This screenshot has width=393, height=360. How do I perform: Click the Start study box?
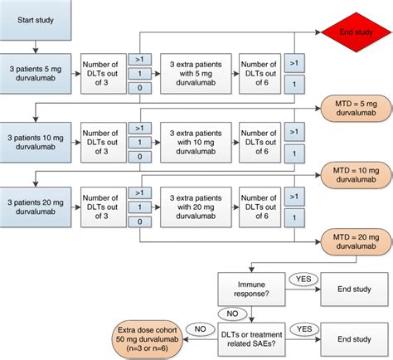36,20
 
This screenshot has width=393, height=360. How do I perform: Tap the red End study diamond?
357,32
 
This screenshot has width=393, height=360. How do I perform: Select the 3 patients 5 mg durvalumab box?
36,74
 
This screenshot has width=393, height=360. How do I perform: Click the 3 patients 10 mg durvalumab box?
36,142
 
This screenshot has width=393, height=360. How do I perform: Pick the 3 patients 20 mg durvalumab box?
36,207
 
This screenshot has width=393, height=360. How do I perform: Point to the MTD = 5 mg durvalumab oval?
356,109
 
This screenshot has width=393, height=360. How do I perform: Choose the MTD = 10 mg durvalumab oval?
356,175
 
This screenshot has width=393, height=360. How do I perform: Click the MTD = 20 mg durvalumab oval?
356,242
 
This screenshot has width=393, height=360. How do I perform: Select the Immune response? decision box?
251,289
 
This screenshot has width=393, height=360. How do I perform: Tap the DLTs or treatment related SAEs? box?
251,339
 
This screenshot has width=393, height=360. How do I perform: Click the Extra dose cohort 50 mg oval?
148,339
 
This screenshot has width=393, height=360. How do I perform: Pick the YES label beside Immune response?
303,280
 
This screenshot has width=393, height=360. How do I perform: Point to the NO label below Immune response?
232,314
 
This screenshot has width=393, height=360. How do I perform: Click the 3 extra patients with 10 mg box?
196,142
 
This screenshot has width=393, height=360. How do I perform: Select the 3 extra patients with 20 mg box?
196,207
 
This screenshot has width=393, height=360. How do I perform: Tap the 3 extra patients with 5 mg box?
196,74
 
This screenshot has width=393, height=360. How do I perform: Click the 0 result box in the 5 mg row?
140,88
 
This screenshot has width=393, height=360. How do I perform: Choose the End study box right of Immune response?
354,289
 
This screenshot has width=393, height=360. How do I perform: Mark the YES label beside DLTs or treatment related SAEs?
304,329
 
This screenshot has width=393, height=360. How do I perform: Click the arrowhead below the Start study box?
36,51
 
